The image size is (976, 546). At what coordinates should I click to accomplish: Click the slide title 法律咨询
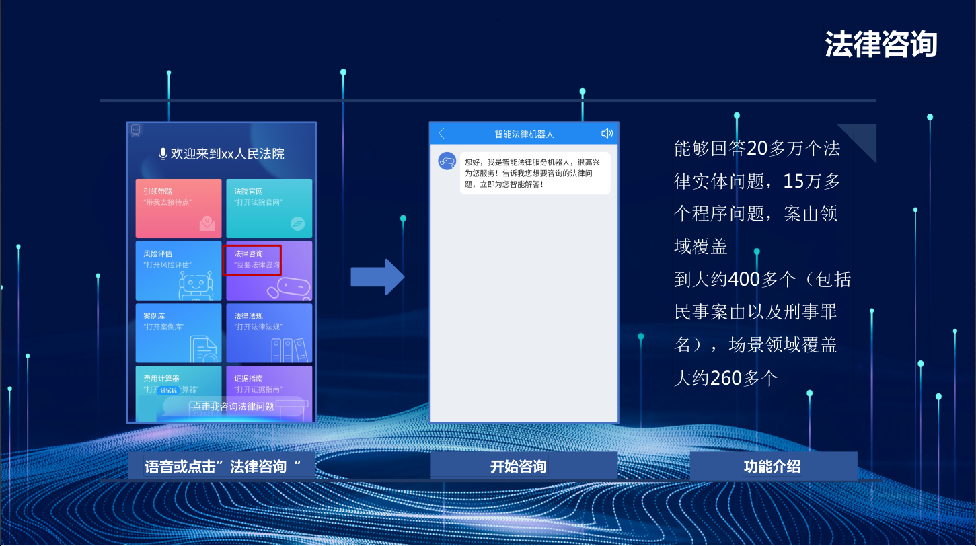click(880, 45)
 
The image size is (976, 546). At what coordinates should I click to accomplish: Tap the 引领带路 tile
click(178, 208)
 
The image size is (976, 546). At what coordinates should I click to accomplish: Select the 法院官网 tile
click(269, 208)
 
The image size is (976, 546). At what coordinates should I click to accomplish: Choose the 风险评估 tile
click(178, 270)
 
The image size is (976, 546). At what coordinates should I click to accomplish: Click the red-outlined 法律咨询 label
click(252, 260)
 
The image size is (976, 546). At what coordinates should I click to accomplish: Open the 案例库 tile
click(178, 333)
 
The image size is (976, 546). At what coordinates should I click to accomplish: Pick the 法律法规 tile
click(269, 333)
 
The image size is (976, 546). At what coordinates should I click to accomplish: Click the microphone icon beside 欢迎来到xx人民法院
click(163, 154)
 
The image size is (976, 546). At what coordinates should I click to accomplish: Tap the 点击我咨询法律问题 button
click(233, 406)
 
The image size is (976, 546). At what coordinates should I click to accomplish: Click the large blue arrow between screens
click(377, 277)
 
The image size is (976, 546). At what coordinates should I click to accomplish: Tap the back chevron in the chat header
click(442, 134)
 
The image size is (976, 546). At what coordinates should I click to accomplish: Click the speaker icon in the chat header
click(607, 133)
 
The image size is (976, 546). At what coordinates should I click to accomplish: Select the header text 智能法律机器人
click(524, 134)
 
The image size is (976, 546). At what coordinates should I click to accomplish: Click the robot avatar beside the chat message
click(447, 161)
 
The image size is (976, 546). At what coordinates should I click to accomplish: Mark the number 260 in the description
click(726, 378)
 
